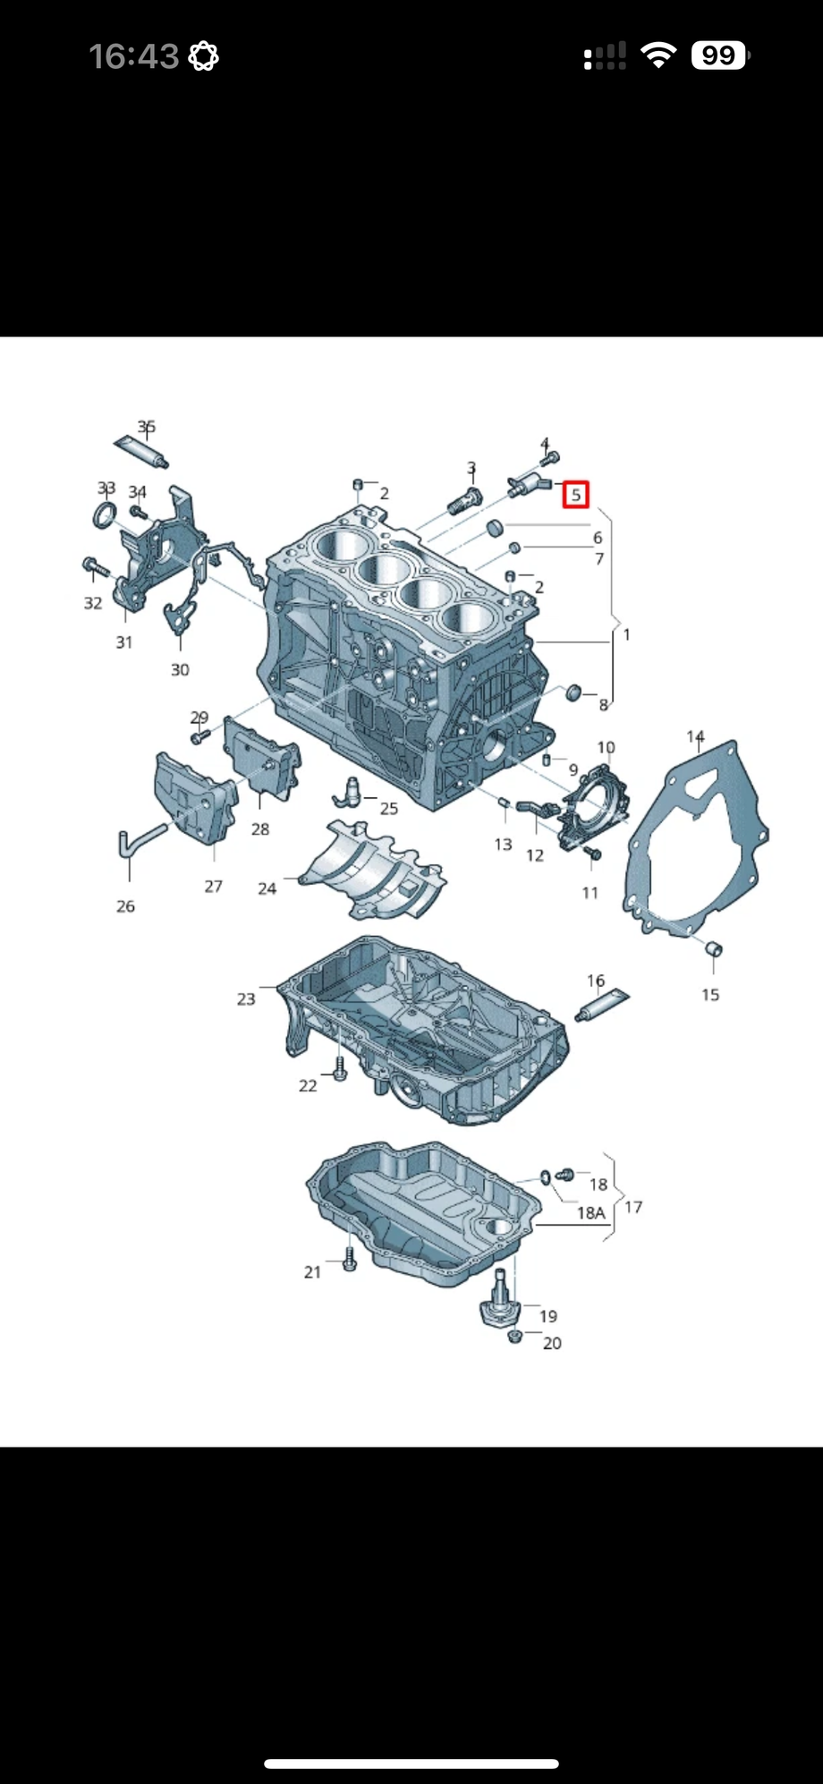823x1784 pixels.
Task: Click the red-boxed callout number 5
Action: tap(575, 494)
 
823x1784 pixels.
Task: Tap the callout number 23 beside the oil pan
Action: tap(246, 998)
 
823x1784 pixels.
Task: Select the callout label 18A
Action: tap(590, 1212)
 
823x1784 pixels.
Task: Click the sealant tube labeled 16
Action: tap(605, 1006)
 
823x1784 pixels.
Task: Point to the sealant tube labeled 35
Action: tap(140, 450)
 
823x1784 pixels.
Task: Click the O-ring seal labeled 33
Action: tap(105, 515)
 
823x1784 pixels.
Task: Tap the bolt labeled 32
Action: tap(94, 565)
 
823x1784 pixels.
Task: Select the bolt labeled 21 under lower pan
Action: tap(350, 1259)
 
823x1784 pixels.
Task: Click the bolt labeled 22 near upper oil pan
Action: tap(339, 1067)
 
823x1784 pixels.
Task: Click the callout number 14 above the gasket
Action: tap(695, 736)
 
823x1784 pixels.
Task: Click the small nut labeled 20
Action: tap(513, 1337)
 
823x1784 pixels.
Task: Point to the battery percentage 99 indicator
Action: tap(718, 56)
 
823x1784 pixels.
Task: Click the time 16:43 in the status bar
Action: tap(134, 56)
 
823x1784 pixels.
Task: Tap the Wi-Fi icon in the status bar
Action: tap(658, 56)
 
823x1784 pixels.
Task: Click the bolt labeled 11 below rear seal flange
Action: tap(591, 854)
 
